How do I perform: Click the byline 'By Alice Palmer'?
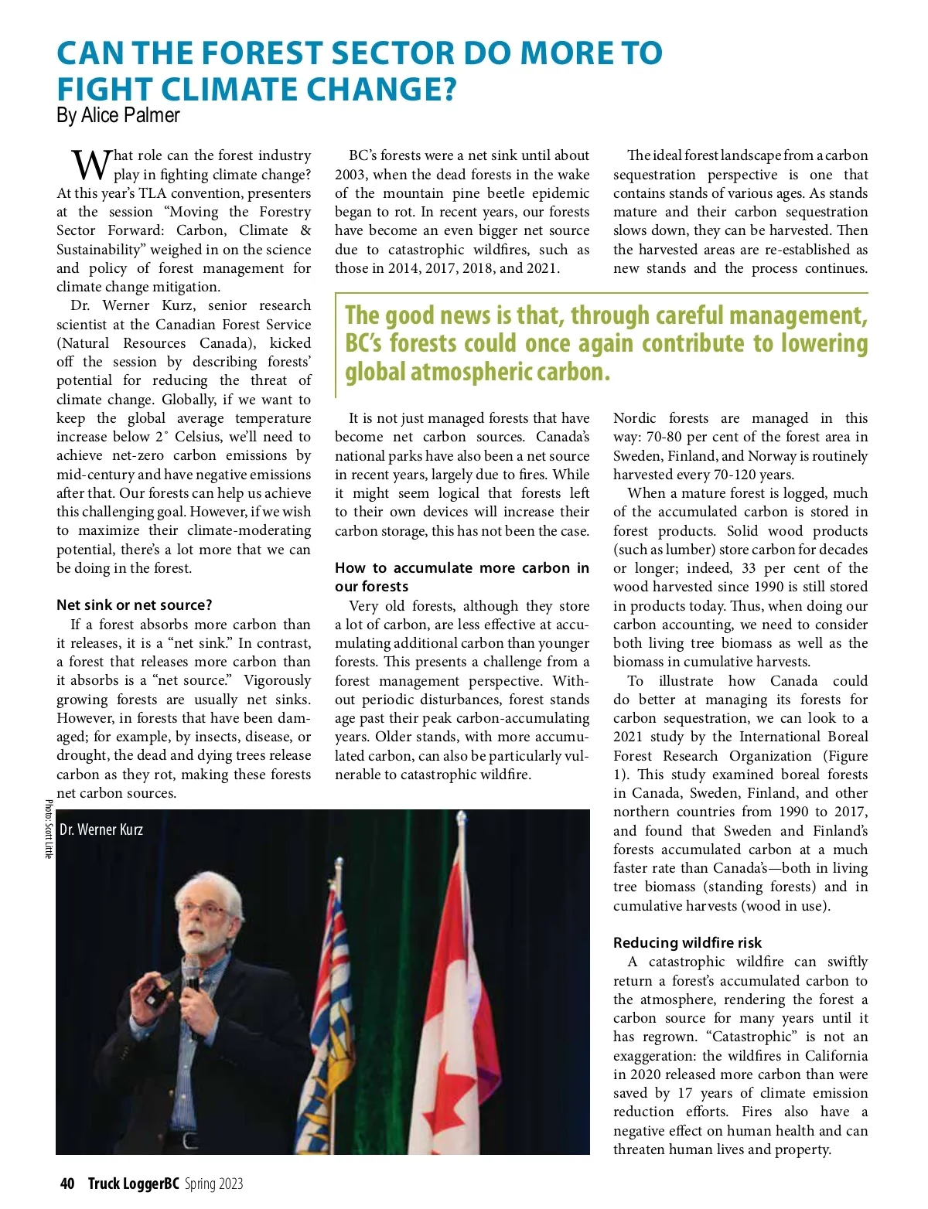[x=118, y=116]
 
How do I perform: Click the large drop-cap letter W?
[x=91, y=165]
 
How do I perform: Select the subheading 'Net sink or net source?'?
[x=134, y=605]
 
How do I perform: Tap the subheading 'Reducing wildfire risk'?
[x=687, y=942]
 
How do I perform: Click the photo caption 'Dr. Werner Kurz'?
[x=101, y=829]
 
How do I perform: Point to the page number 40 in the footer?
[x=67, y=1183]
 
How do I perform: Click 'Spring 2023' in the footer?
[x=213, y=1183]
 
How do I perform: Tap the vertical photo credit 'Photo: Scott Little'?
[x=48, y=829]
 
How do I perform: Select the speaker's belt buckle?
[x=190, y=1140]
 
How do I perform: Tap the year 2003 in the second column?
[x=352, y=175]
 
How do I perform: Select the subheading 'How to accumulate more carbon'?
[x=462, y=568]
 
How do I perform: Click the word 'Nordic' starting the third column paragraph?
[x=634, y=418]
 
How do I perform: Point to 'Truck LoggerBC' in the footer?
[x=133, y=1183]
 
